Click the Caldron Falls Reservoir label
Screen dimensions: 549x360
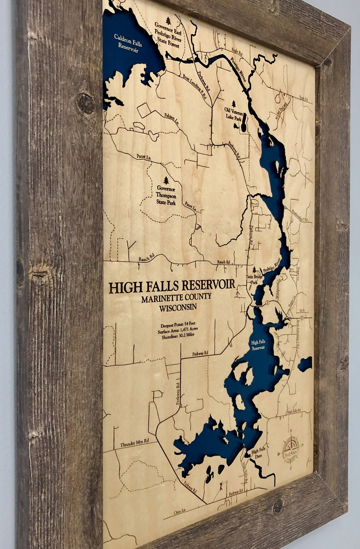pyautogui.click(x=128, y=41)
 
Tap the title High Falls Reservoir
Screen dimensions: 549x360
pyautogui.click(x=172, y=286)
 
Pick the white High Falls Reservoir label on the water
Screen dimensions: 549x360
pyautogui.click(x=258, y=345)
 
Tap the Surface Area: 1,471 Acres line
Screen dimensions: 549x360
pyautogui.click(x=178, y=330)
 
